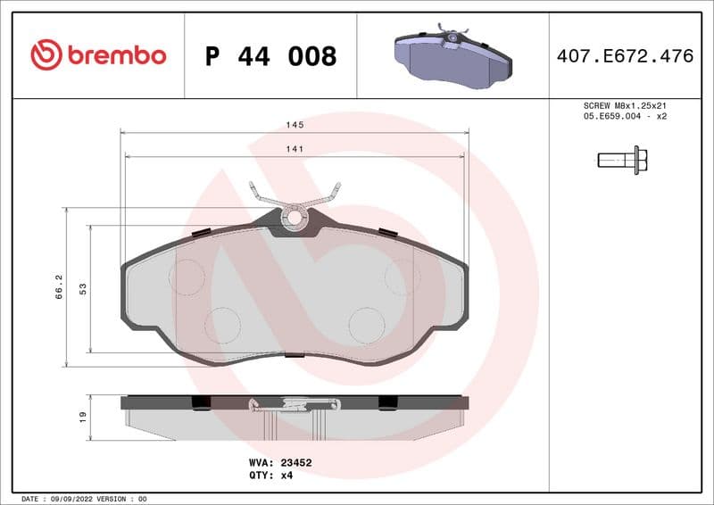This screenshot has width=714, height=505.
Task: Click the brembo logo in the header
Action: pos(98,55)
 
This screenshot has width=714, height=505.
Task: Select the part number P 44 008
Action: pos(270,56)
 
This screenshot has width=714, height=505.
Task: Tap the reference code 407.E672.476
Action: pos(625,56)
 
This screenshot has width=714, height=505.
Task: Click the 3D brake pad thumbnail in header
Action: pos(452,55)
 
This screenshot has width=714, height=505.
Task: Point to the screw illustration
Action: pos(622,161)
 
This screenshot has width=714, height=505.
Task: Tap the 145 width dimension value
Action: pos(294,124)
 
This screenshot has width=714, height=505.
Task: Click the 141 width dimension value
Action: pos(294,149)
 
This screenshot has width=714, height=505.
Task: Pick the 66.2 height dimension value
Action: pos(59,286)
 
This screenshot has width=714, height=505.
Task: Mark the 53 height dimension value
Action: pos(82,288)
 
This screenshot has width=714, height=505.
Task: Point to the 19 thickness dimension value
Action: pos(82,417)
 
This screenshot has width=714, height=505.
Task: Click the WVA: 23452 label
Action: pos(279,463)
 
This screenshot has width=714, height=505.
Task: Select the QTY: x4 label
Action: pos(270,476)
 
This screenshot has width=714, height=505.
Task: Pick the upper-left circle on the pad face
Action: pos(187,277)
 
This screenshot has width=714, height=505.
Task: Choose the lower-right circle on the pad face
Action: pos(366,325)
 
